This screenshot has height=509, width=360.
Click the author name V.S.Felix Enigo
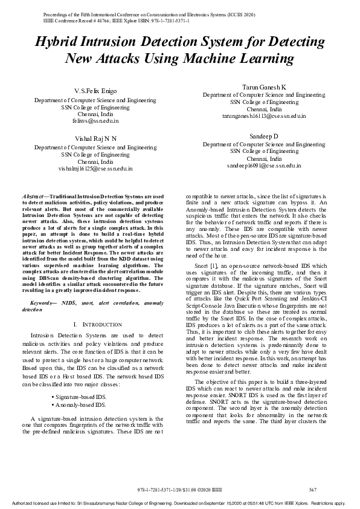click(x=95, y=90)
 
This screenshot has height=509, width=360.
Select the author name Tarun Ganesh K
click(x=264, y=88)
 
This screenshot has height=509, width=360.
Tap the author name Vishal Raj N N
click(x=95, y=138)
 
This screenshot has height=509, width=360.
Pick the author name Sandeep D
click(x=264, y=137)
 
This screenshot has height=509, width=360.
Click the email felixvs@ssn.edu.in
click(x=95, y=121)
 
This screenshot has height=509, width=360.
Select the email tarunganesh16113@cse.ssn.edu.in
click(x=264, y=116)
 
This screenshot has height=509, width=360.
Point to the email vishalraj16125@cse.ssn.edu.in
click(x=95, y=169)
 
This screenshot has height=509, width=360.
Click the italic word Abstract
click(x=33, y=197)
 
